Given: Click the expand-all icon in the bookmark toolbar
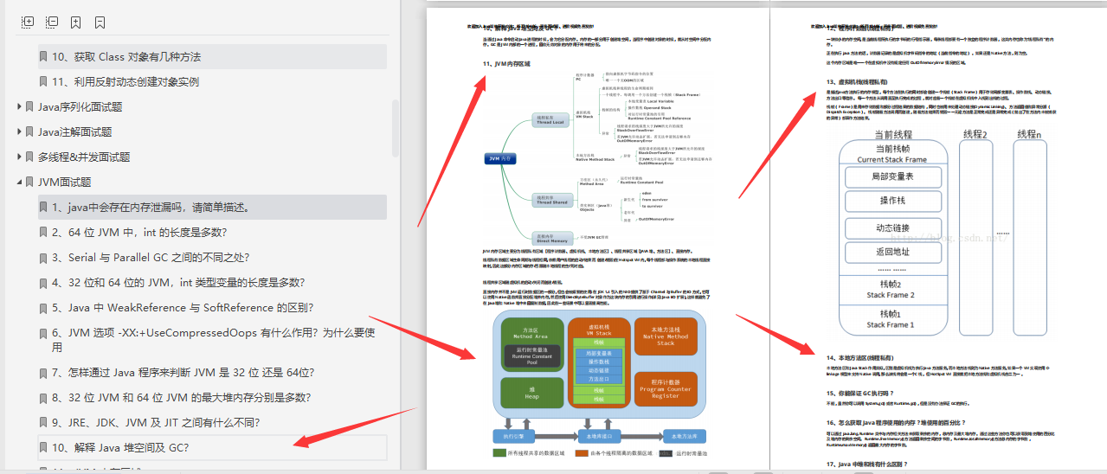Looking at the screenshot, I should pyautogui.click(x=28, y=22).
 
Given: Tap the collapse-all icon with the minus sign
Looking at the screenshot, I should pyautogui.click(x=52, y=22).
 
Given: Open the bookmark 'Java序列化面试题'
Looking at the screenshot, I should pyautogui.click(x=80, y=106).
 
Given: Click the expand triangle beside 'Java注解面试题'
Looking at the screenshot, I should pyautogui.click(x=20, y=131).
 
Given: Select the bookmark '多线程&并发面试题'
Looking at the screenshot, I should pyautogui.click(x=83, y=157).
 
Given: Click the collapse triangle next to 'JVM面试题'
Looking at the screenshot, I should pyautogui.click(x=20, y=182).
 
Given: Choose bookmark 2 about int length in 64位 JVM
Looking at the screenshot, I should pyautogui.click(x=139, y=232).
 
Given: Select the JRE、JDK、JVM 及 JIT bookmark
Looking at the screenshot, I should pyautogui.click(x=156, y=422).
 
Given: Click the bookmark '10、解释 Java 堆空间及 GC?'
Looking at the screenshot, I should pyautogui.click(x=120, y=447).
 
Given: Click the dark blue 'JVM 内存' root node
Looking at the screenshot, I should pyautogui.click(x=500, y=158).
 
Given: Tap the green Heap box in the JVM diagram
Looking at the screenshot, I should pyautogui.click(x=531, y=392).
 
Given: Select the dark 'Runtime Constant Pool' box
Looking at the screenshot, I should pyautogui.click(x=531, y=356).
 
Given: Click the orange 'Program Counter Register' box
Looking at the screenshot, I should pyautogui.click(x=665, y=388).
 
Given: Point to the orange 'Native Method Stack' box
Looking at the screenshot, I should pyautogui.click(x=665, y=336).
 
